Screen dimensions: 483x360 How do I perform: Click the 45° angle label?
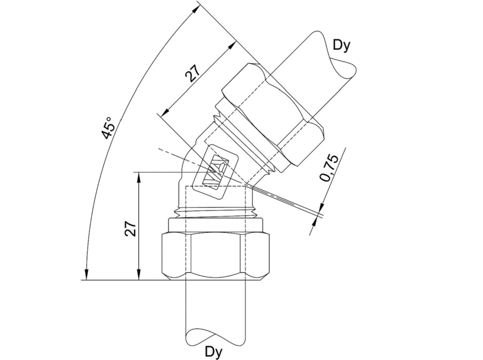(108, 127)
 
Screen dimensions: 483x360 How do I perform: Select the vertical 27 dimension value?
(130, 228)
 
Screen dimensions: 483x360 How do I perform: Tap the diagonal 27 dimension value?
(192, 73)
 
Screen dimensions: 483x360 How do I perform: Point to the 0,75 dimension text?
(329, 167)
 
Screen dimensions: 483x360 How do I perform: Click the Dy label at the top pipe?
(342, 46)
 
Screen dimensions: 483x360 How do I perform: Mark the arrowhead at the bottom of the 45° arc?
(87, 274)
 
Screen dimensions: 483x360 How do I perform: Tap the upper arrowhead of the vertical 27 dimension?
(139, 178)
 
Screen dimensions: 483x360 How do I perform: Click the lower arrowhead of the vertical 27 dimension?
(139, 275)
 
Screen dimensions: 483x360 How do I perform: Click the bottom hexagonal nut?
(215, 257)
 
